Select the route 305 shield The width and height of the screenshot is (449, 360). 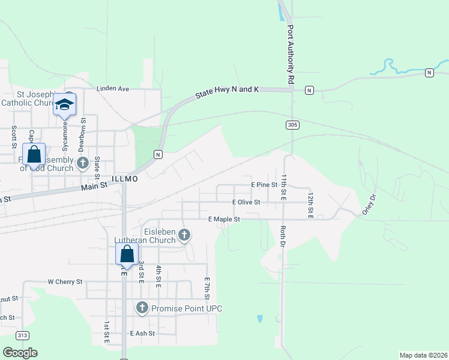pyautogui.click(x=292, y=125)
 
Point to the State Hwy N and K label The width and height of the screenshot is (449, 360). pyautogui.click(x=227, y=92)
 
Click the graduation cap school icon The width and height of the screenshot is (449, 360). pyautogui.click(x=64, y=105)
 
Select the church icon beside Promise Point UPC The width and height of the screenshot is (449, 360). pyautogui.click(x=142, y=308)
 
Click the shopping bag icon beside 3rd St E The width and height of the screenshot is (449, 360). pyautogui.click(x=127, y=254)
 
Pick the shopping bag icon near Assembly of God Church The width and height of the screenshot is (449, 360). pyautogui.click(x=34, y=154)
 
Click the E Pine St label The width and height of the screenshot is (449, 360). pyautogui.click(x=264, y=185)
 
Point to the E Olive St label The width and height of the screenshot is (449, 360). pyautogui.click(x=246, y=202)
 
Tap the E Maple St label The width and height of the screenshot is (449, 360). pyautogui.click(x=224, y=220)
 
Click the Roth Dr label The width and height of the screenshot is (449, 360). pyautogui.click(x=282, y=236)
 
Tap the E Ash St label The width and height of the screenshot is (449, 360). pyautogui.click(x=142, y=333)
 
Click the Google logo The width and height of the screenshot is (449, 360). pyautogui.click(x=20, y=352)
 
